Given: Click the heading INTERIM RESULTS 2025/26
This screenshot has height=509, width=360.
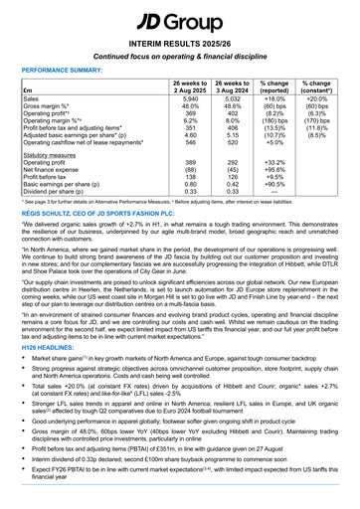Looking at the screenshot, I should click(x=179, y=44).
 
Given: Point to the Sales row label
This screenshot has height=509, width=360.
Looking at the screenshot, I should click(x=32, y=102).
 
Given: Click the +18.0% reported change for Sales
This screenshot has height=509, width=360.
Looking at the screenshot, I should click(x=263, y=102).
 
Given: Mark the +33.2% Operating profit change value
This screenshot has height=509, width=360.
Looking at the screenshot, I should click(x=263, y=163).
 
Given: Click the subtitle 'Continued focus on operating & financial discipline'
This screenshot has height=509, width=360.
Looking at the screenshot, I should click(x=179, y=58).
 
